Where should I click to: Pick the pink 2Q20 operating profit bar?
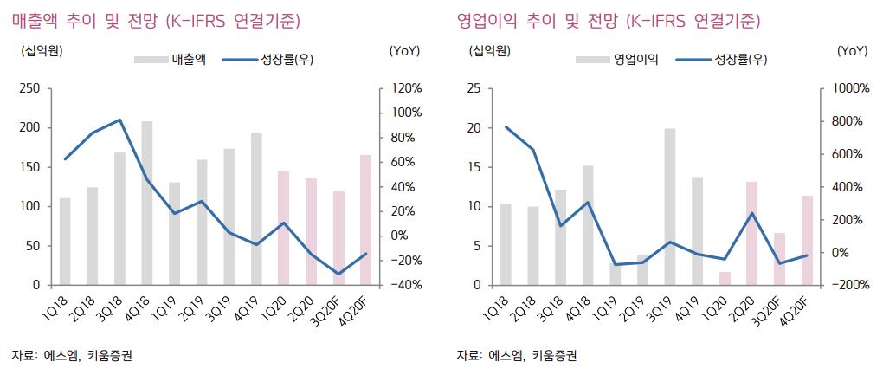tap(752, 233)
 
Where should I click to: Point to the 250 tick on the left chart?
tap(29, 88)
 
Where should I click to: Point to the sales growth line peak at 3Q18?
tap(119, 120)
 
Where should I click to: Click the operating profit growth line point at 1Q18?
tap(506, 127)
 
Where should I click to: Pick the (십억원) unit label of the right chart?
tap(488, 50)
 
